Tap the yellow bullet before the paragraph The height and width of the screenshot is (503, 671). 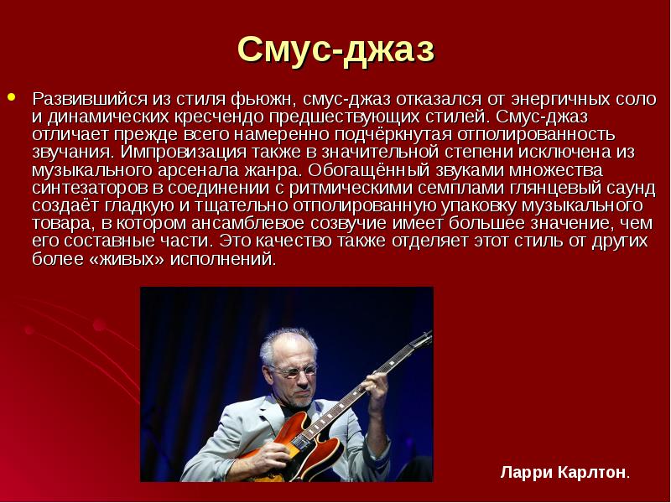tap(12, 96)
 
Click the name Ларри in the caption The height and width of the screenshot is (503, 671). tap(523, 472)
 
